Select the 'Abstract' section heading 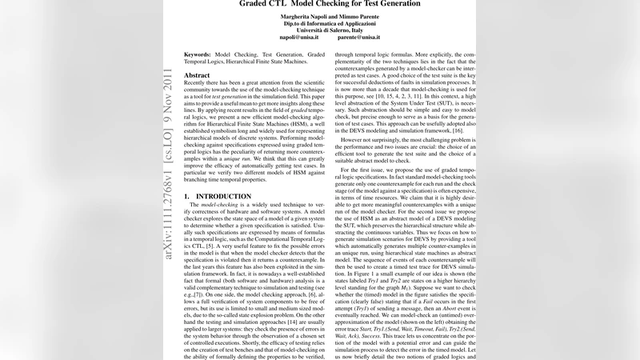pyautogui.click(x=197, y=74)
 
